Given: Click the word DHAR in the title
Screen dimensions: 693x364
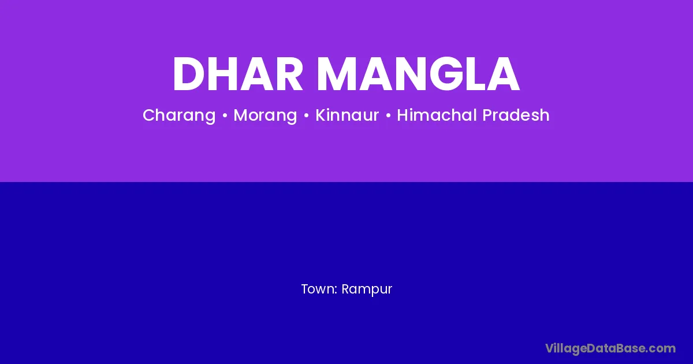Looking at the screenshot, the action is click(237, 74).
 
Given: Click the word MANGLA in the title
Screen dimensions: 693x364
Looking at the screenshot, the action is click(418, 74).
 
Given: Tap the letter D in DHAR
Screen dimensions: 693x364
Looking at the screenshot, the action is click(189, 74).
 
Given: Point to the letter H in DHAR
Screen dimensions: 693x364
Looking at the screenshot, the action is click(224, 74).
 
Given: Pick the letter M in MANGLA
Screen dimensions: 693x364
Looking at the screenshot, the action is click(337, 74).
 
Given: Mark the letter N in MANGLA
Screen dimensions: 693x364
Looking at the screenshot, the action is click(410, 74).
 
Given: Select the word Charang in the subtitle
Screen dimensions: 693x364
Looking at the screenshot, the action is click(179, 116).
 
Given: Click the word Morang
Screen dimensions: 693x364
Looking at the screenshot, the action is click(265, 116).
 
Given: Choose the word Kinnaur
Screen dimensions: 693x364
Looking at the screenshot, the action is click(347, 115).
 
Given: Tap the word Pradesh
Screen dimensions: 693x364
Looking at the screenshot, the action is click(516, 115).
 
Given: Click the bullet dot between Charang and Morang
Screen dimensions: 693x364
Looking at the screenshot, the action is click(225, 116).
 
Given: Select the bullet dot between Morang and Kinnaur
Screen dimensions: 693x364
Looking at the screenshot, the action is click(306, 116).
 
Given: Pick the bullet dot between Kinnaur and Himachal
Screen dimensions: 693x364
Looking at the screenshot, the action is click(388, 116).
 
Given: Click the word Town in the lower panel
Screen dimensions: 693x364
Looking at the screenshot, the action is click(318, 289).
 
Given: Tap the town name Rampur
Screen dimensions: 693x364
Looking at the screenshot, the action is click(367, 289).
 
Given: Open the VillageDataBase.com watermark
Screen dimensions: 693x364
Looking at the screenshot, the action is click(610, 349).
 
